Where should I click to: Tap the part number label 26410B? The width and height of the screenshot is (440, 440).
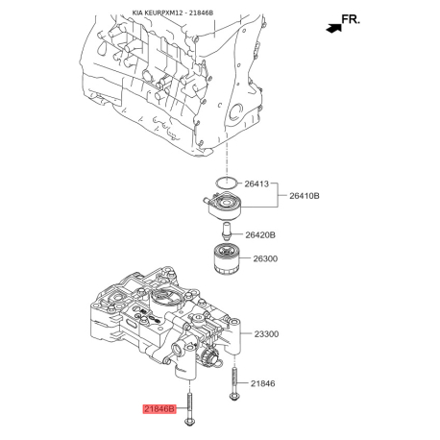[x=306, y=196]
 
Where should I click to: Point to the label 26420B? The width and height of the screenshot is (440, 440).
[x=260, y=234]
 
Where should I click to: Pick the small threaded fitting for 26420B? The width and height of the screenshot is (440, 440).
[x=225, y=232]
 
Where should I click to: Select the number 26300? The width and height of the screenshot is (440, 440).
[x=266, y=258]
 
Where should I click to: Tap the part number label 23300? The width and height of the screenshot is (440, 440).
[x=266, y=334]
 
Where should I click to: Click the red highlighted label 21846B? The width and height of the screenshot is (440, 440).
[x=160, y=409]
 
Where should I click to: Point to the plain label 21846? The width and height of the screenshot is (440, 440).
[x=262, y=384]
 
